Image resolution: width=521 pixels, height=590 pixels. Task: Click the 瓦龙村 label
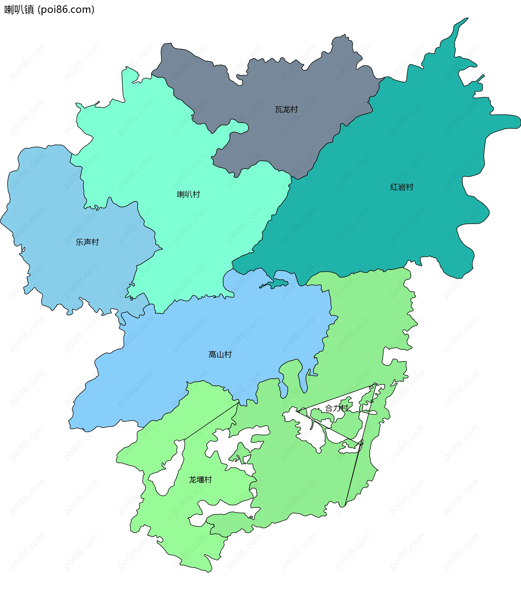pos(286,110)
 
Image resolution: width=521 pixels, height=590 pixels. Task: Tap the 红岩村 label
pos(402,187)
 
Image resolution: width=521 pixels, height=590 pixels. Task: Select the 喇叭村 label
pos(188,194)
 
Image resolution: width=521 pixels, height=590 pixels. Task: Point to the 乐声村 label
pos(87,242)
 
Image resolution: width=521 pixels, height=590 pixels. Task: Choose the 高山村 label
pos(220,354)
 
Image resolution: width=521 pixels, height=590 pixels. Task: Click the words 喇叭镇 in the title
pos(19,10)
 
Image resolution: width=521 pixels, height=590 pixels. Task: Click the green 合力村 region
pos(303,476)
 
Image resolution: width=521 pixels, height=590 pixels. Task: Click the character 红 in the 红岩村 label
pos(394,187)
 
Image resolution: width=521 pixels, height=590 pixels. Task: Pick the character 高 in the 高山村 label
pos(212,354)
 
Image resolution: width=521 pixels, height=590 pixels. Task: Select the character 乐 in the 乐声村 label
pos(80,242)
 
